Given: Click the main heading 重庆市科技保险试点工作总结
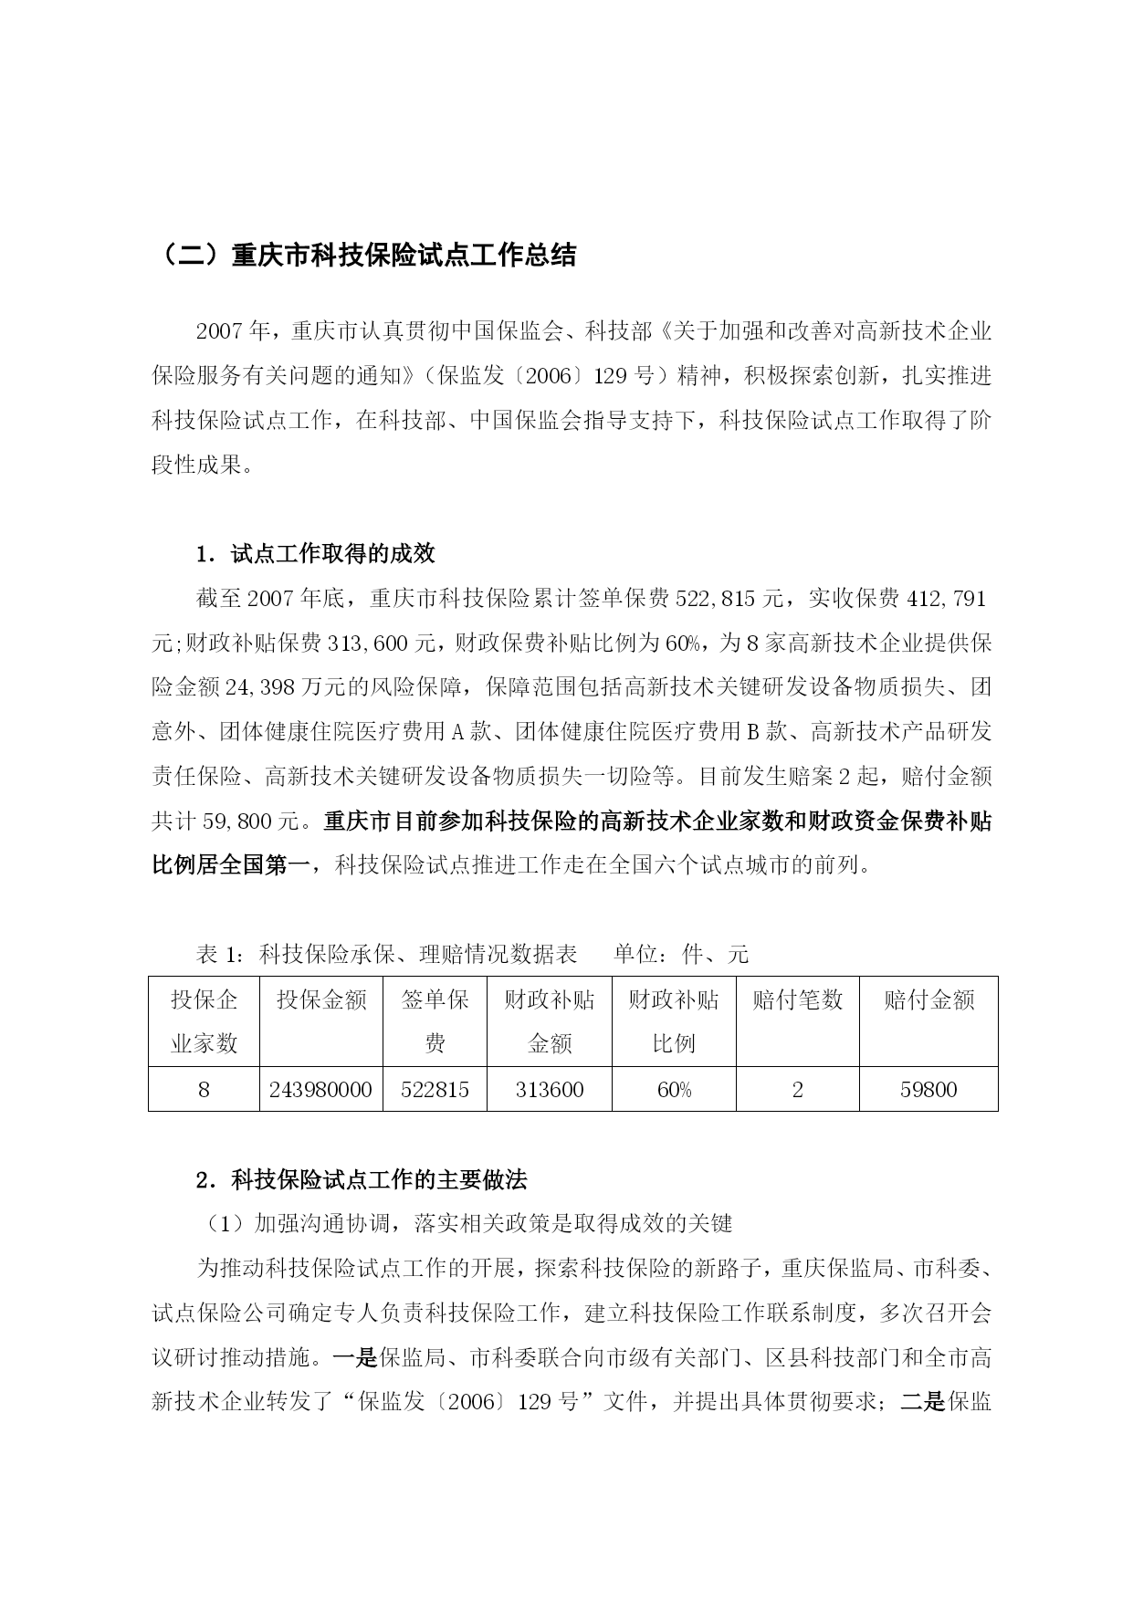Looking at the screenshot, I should [365, 256].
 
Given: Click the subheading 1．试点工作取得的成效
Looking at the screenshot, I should [316, 554].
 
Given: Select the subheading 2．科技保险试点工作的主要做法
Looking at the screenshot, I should [362, 1179].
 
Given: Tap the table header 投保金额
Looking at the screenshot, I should [321, 1000].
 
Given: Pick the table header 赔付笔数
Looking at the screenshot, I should [797, 1000].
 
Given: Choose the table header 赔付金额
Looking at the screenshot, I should [928, 1000].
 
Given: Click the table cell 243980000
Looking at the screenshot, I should [321, 1090].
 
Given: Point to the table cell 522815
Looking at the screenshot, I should [435, 1090].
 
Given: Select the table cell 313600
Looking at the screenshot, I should [549, 1090].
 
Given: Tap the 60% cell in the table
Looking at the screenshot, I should [674, 1090].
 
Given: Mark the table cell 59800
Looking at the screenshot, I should [928, 1090].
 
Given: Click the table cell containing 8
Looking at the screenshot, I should [204, 1090].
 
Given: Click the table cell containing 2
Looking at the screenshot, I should [797, 1090].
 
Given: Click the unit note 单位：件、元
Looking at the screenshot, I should [681, 955].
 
